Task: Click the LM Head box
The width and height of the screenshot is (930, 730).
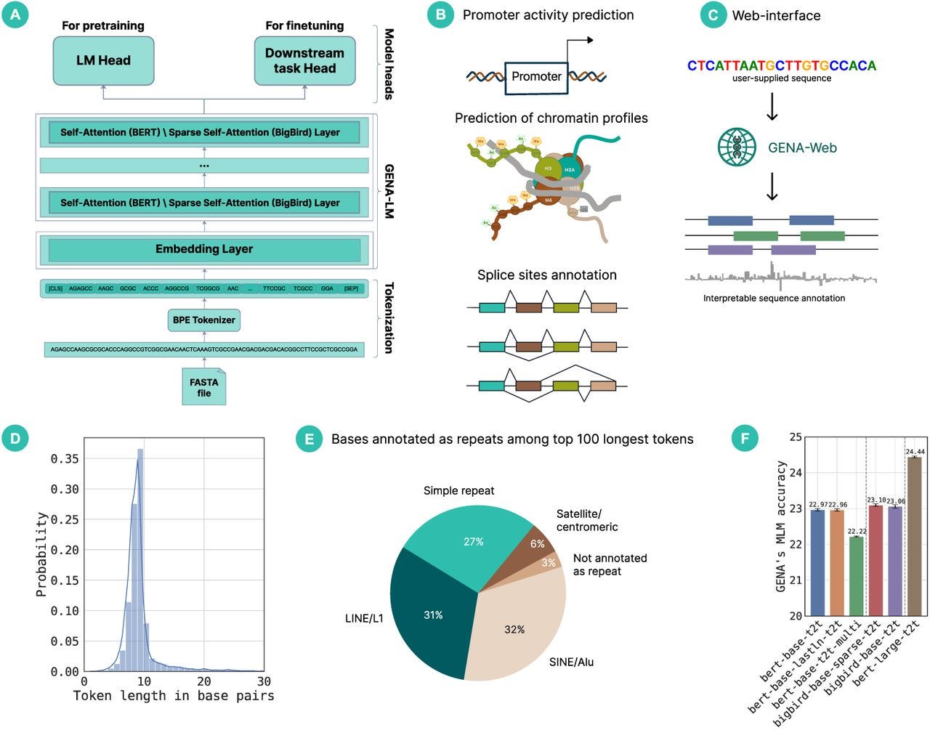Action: (103, 61)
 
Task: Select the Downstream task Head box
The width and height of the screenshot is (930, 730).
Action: (304, 61)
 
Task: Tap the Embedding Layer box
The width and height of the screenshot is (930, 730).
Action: (204, 249)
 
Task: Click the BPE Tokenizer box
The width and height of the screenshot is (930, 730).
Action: (204, 320)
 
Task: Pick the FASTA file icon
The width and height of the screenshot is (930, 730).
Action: (204, 386)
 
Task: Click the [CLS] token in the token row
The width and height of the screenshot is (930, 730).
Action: (55, 288)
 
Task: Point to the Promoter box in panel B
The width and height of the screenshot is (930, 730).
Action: (536, 76)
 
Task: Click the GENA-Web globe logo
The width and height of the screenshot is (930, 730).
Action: (737, 147)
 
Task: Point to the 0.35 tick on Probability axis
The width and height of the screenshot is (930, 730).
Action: (66, 459)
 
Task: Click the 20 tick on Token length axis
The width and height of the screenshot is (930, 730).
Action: (204, 681)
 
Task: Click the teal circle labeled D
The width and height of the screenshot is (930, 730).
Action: (16, 438)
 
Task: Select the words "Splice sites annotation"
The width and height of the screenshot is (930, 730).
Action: (546, 275)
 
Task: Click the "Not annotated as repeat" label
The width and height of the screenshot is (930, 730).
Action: (610, 564)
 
